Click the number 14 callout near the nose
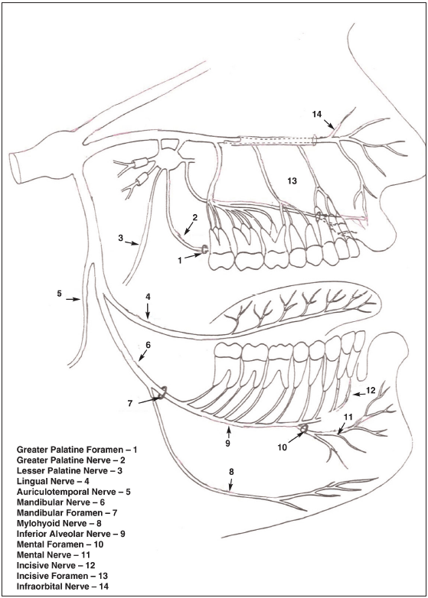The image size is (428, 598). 316,114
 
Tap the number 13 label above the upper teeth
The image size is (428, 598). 292,181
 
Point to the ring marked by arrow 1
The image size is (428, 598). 204,249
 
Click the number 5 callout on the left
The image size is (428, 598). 59,294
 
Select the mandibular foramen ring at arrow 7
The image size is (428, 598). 162,393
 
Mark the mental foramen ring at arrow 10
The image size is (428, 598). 304,429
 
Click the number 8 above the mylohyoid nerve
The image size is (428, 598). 231,471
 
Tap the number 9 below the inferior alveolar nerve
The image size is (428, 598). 227,444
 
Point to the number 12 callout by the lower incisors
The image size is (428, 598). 371,390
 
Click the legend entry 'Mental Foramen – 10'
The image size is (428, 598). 60,544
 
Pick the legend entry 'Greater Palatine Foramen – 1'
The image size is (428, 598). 77,450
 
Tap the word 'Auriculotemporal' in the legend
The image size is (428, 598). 45,492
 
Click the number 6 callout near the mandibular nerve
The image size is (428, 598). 148,345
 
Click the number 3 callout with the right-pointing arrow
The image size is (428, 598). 121,239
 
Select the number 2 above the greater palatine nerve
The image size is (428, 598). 194,217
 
